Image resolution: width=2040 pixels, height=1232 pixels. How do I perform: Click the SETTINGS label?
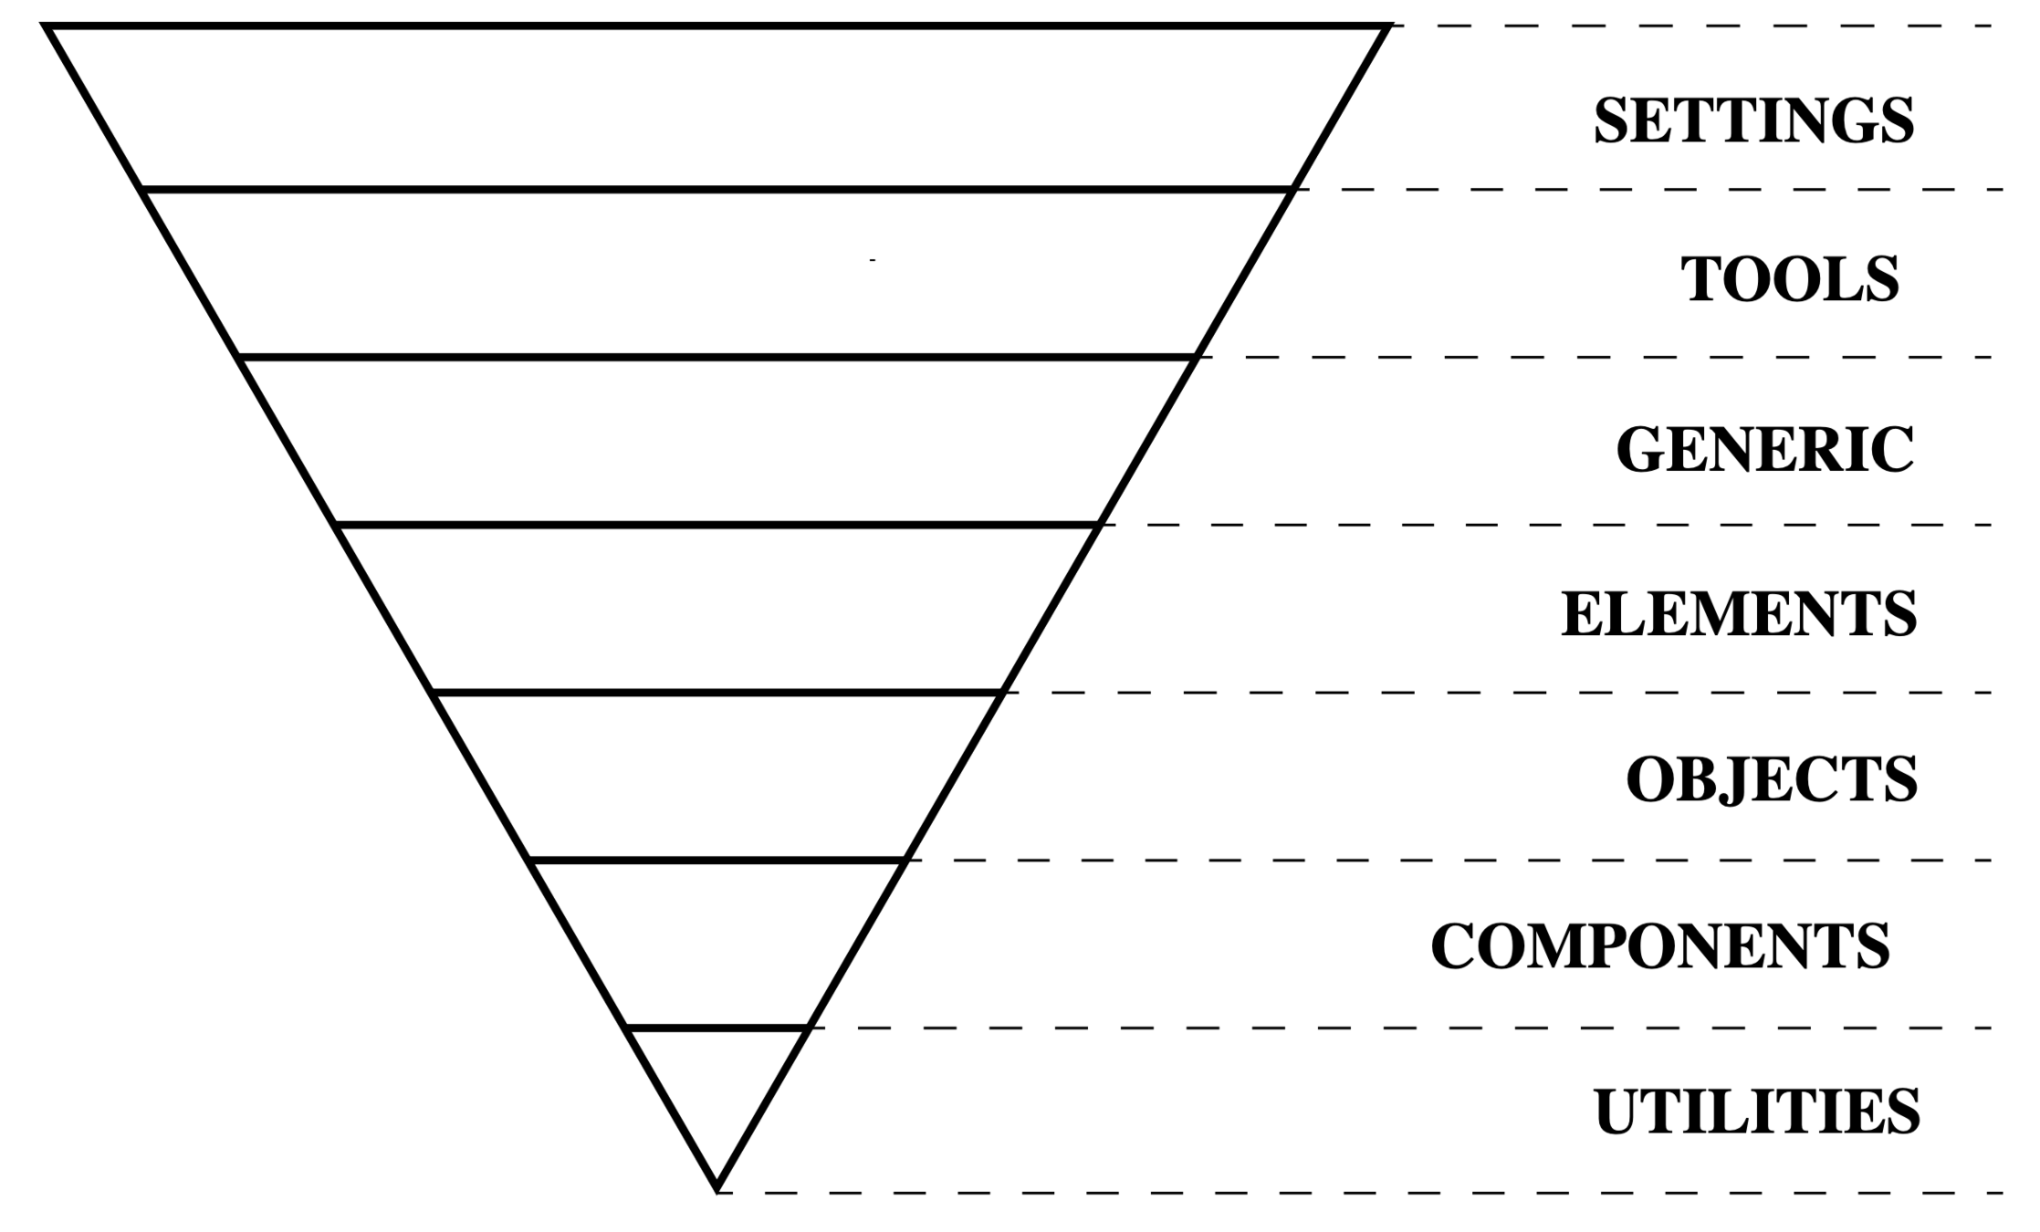point(1753,120)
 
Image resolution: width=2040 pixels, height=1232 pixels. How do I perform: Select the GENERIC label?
point(1764,449)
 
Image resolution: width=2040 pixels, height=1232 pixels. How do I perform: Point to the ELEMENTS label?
point(1739,614)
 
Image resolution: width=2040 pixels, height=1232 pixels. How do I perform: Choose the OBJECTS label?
point(1772,779)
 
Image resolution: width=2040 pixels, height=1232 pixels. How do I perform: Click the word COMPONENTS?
point(1659,946)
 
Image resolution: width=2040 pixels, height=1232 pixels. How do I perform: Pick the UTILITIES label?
point(1757,1112)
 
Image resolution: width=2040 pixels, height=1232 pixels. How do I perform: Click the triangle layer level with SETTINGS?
point(717,108)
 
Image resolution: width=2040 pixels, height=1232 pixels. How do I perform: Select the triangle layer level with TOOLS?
point(717,274)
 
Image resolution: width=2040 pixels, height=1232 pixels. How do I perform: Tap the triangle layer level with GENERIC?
point(717,441)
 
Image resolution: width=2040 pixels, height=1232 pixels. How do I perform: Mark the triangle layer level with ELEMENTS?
point(717,609)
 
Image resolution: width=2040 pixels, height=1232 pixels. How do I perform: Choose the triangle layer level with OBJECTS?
point(717,777)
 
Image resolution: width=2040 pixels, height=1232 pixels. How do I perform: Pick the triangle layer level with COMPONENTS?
point(717,944)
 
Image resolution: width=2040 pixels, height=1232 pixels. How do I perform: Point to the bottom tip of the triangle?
point(717,1188)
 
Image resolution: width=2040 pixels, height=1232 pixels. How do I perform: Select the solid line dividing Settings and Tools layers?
point(717,190)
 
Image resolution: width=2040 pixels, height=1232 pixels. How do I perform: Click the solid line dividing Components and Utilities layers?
point(717,1028)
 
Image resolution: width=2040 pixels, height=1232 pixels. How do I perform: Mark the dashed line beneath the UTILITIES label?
point(1369,1193)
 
